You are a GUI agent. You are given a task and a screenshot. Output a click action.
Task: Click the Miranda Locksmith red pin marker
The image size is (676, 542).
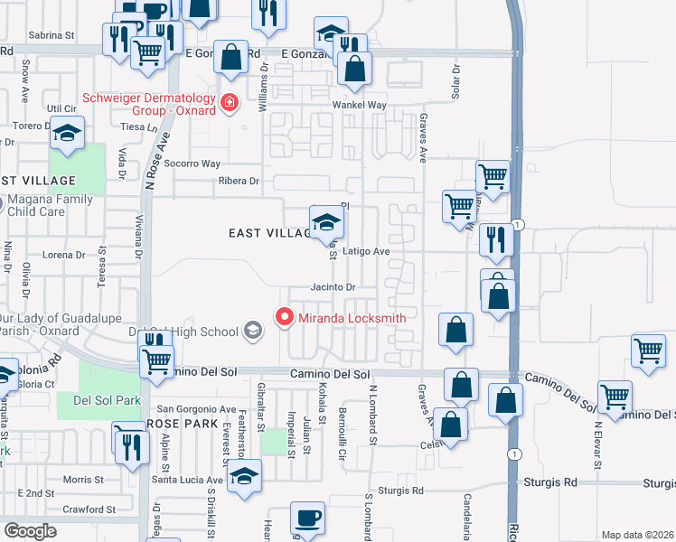(285, 317)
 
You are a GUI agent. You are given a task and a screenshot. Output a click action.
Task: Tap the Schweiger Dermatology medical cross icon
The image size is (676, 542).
(230, 103)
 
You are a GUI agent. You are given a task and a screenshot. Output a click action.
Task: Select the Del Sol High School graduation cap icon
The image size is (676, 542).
(254, 332)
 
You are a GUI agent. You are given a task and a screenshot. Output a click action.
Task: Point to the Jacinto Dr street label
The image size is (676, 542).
(333, 286)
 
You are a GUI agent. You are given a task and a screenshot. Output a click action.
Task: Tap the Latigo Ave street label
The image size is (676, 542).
(366, 251)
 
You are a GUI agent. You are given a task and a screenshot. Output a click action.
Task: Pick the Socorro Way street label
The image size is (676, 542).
(197, 164)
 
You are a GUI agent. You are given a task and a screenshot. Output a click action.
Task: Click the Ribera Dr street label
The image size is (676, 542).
(238, 181)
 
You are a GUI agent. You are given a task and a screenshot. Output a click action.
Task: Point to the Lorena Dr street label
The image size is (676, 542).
(63, 255)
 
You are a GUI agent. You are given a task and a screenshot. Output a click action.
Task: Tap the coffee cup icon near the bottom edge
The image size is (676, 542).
(307, 519)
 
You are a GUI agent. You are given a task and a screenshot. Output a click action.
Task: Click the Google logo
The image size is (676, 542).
(30, 531)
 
